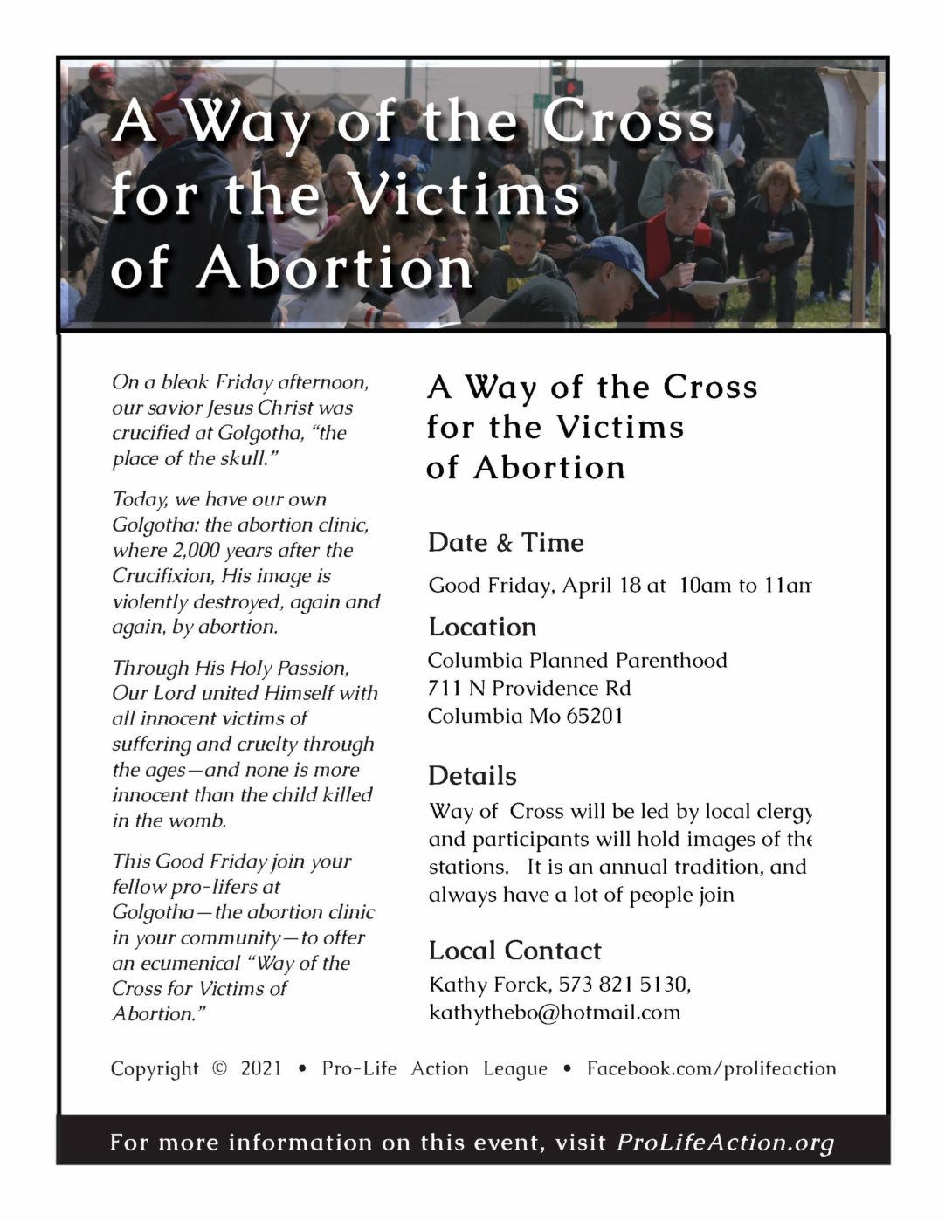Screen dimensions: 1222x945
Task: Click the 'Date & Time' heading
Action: pos(506,543)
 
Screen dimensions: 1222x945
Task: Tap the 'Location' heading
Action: pos(482,628)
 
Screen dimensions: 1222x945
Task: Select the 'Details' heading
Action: pos(472,776)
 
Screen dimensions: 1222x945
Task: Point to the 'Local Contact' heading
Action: pos(514,951)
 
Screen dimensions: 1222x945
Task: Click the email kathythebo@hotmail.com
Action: pos(554,1013)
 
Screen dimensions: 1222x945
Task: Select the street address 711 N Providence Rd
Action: pos(528,689)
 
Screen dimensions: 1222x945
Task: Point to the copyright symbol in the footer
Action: pos(219,1068)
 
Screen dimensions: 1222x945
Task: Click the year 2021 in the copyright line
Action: pos(261,1068)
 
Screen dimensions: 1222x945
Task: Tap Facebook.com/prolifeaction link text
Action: pos(711,1068)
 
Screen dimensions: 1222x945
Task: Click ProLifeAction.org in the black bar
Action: pos(725,1143)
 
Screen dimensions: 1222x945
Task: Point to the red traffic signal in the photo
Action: pos(569,86)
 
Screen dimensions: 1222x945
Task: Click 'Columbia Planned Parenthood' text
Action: pos(576,661)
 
